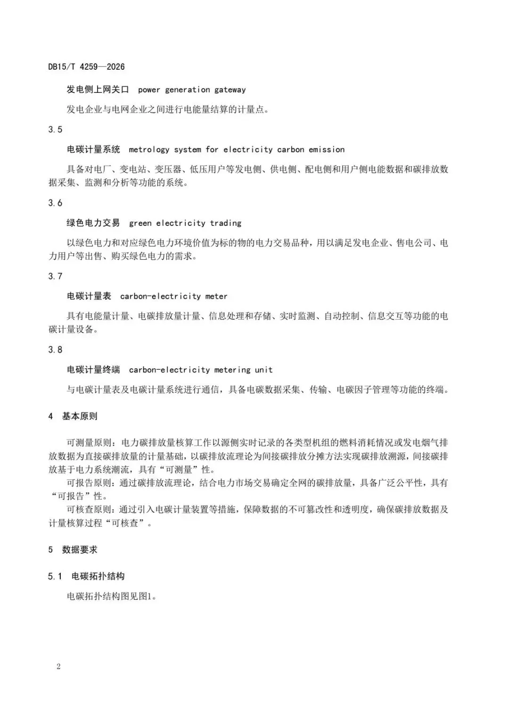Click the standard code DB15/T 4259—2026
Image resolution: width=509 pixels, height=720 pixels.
point(86,67)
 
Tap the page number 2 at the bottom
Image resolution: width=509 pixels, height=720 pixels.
point(58,666)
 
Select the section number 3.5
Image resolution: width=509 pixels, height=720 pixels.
point(55,130)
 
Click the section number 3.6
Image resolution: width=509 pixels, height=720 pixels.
point(55,203)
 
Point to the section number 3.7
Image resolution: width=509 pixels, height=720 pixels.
point(55,276)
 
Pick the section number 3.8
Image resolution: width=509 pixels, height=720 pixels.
point(55,350)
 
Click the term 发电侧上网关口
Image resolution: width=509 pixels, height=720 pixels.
point(98,90)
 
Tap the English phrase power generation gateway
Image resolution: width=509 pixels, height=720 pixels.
point(192,90)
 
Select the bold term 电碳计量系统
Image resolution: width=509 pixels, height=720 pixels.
point(93,149)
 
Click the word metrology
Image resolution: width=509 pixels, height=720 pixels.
point(149,149)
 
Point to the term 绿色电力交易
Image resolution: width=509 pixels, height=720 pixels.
point(93,223)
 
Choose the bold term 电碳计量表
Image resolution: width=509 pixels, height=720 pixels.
point(89,296)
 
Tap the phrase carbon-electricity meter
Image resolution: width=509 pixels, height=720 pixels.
point(174,296)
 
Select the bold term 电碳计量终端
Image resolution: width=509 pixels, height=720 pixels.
point(93,370)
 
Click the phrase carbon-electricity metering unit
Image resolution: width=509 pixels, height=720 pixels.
point(201,370)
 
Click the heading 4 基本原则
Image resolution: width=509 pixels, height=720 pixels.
point(73,416)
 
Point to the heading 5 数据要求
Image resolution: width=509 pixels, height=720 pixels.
point(73,550)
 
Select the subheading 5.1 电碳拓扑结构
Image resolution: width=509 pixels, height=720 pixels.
point(86,576)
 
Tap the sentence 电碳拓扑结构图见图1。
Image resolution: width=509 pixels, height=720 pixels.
point(112,596)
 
